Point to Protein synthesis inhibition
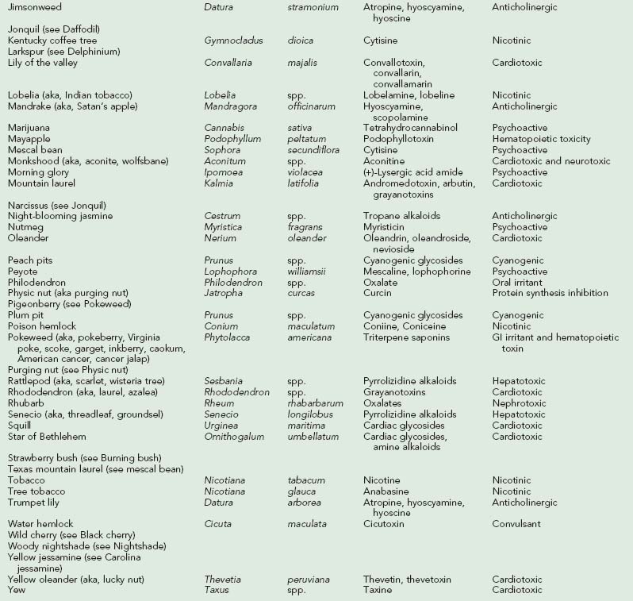pos(550,294)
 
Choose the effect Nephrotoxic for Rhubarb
pos(519,404)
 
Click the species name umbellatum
pos(313,437)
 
